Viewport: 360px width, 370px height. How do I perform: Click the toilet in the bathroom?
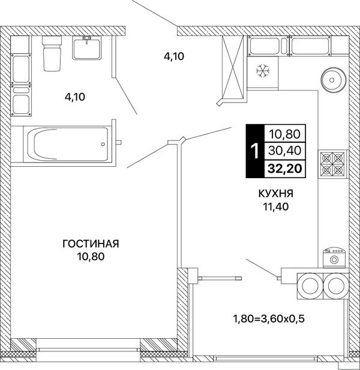tap(52, 53)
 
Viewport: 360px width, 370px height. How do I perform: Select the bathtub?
tap(68, 144)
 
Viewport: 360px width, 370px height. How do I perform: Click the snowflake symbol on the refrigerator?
tap(263, 71)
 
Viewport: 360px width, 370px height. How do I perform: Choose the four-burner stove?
tap(333, 164)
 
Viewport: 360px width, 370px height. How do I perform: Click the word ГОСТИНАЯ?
tap(91, 243)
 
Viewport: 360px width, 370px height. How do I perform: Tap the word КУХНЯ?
tap(276, 194)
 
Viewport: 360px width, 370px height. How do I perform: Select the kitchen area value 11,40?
tap(276, 207)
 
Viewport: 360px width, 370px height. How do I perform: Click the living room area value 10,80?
tap(91, 257)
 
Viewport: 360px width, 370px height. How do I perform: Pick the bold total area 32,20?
tap(284, 169)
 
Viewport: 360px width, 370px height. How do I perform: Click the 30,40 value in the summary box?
tap(285, 151)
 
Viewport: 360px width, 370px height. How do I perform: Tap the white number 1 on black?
tap(255, 151)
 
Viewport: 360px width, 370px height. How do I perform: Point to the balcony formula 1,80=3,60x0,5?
tap(269, 319)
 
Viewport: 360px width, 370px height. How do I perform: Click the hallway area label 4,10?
tap(174, 56)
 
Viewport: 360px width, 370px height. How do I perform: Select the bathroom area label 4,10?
tap(75, 97)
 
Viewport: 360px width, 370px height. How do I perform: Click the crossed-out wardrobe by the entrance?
tap(233, 68)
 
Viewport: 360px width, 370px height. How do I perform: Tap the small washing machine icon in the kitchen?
tap(334, 258)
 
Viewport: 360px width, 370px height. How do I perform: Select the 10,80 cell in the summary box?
tap(285, 134)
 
